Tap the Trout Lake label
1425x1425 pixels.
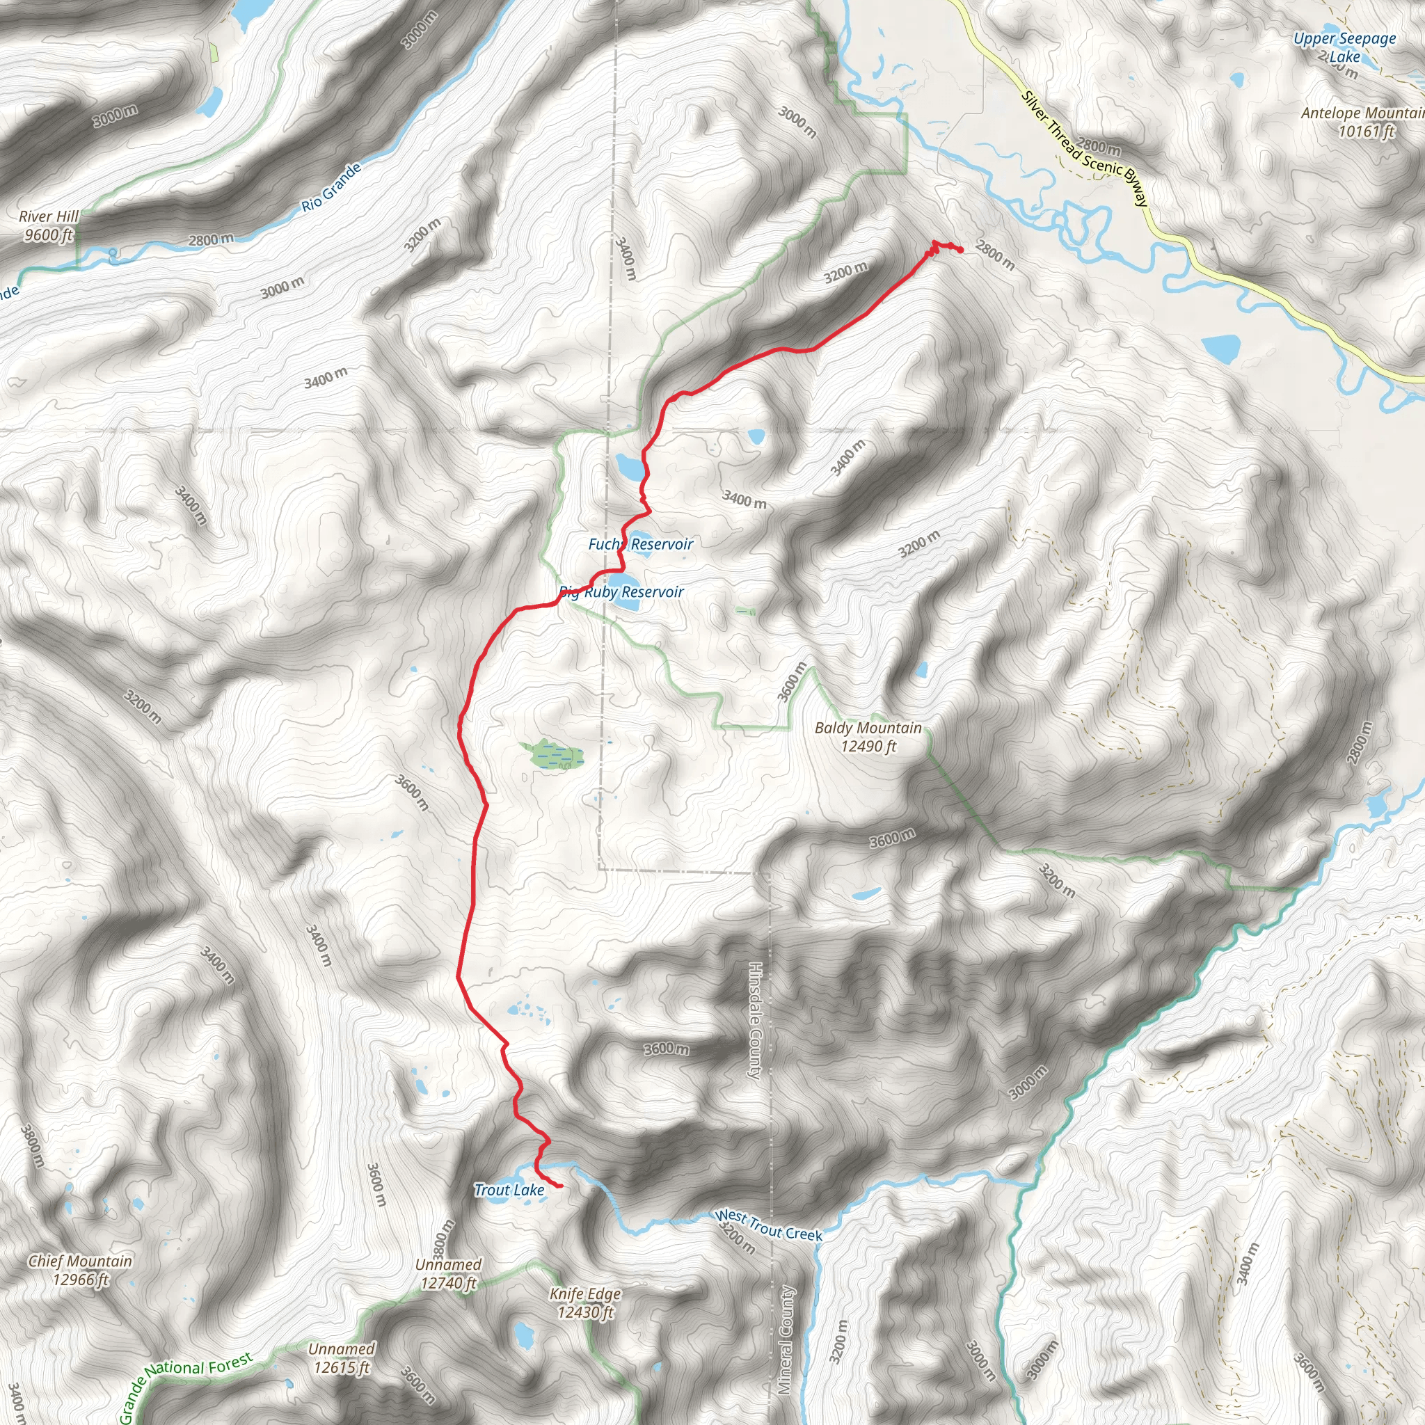pos(509,1190)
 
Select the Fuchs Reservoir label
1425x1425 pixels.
pos(640,544)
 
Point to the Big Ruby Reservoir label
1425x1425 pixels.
pos(622,592)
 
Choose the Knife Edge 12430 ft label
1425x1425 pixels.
pos(585,1303)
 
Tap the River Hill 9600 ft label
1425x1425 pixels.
pos(49,225)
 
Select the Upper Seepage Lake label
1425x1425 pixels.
pos(1344,47)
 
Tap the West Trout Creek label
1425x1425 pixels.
pos(768,1225)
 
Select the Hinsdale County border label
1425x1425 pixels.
pos(754,1021)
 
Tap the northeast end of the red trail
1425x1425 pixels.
pos(960,250)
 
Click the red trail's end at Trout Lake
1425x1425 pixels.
pos(562,1186)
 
